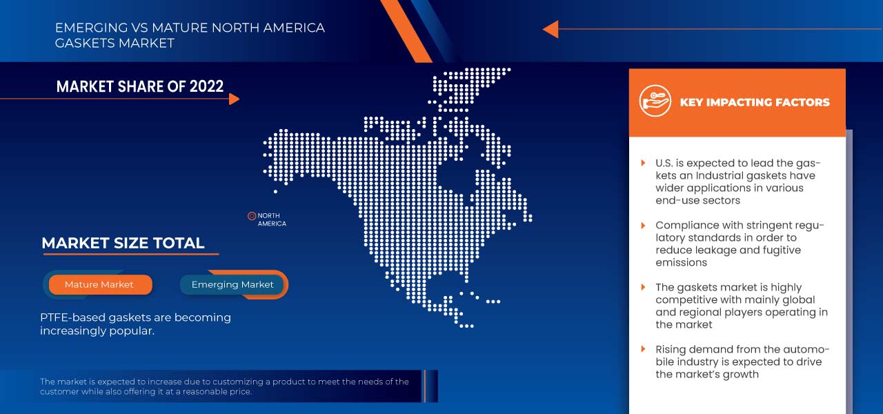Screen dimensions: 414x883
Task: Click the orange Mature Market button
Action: click(x=99, y=284)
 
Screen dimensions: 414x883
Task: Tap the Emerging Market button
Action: click(x=232, y=284)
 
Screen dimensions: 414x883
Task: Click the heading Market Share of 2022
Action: click(x=140, y=86)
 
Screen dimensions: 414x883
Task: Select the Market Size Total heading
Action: click(x=123, y=243)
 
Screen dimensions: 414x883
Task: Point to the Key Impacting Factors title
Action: click(x=755, y=102)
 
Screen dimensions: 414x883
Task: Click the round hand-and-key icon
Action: click(x=655, y=101)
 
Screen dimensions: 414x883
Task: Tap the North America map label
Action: click(x=272, y=219)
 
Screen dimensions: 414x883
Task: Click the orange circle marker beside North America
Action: click(x=252, y=216)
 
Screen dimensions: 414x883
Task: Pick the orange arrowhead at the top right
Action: click(x=550, y=29)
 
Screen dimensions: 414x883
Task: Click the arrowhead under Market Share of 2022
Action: click(x=234, y=99)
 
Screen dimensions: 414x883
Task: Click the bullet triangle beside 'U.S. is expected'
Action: click(x=643, y=164)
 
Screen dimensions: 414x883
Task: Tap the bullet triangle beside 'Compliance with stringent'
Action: click(x=643, y=226)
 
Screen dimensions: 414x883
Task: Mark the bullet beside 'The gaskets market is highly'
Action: click(x=643, y=287)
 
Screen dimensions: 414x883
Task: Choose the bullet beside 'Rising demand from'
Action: click(x=643, y=349)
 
